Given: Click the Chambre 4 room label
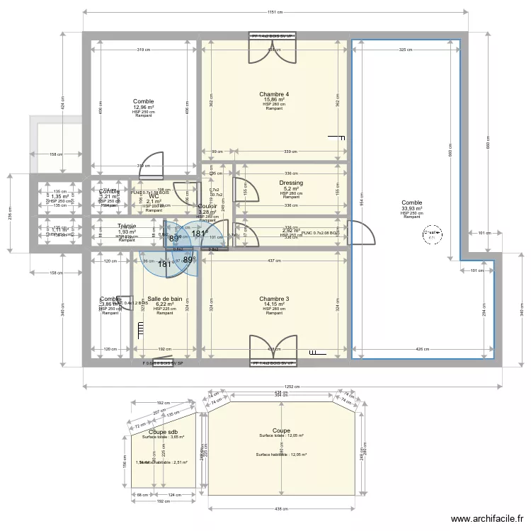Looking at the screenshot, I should (274, 94).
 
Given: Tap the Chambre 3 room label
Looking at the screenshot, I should (274, 299).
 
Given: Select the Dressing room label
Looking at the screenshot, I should (291, 183).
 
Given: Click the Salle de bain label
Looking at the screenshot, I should (164, 299).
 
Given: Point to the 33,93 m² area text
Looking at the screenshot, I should (411, 208).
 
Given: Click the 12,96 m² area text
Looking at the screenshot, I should (144, 107).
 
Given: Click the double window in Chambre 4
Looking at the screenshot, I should (274, 47).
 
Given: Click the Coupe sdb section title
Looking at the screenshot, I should (163, 431).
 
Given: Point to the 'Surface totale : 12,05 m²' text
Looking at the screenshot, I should (281, 436).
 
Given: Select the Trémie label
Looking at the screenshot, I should (127, 226).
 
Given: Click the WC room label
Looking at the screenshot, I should (154, 196).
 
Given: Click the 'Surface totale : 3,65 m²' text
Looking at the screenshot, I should (163, 437).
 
